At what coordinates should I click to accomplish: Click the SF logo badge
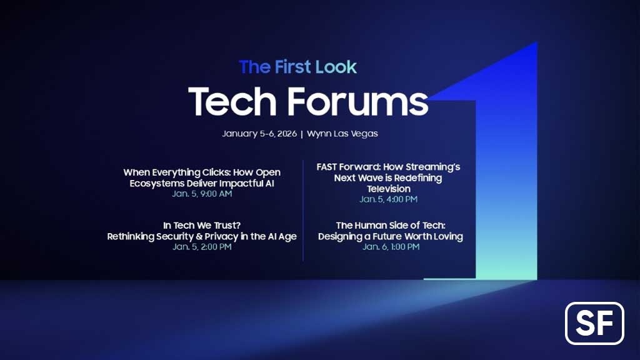(594, 323)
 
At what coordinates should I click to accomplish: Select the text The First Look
(297, 66)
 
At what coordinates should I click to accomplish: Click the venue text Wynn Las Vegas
(342, 134)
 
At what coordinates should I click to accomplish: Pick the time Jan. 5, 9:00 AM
(202, 194)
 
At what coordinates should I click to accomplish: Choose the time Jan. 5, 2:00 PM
(202, 247)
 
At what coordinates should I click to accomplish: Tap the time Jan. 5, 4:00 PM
(388, 199)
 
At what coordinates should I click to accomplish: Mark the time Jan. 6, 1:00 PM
(391, 247)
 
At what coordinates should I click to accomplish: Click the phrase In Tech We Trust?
(202, 226)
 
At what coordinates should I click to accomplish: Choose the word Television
(388, 189)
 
